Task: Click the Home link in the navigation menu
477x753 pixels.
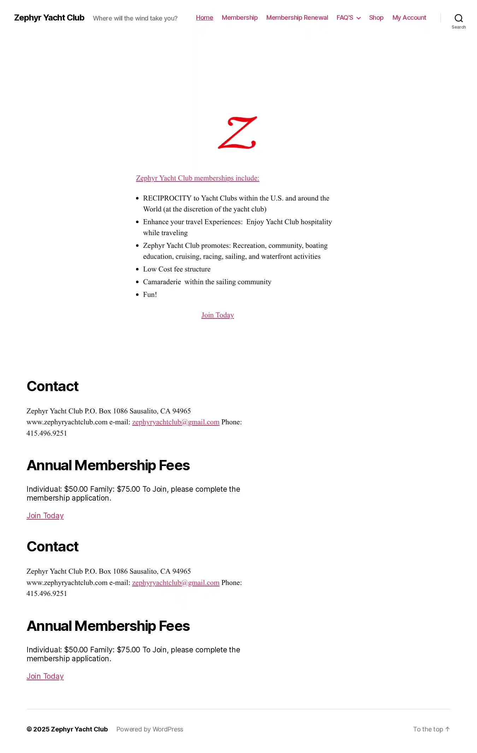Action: [x=204, y=18]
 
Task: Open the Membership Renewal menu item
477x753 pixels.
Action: [x=297, y=18]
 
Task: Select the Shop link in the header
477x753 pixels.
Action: [x=376, y=18]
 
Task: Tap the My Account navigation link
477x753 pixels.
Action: [x=409, y=18]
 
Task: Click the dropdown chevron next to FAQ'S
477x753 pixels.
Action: [x=358, y=18]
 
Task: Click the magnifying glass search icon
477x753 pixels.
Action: [x=458, y=18]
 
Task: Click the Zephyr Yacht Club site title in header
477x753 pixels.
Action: [x=49, y=18]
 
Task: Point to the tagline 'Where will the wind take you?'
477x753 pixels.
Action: [x=135, y=18]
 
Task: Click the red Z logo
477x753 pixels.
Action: [x=237, y=132]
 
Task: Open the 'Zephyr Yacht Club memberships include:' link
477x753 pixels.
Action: [x=198, y=178]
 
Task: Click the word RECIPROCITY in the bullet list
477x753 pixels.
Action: [x=167, y=198]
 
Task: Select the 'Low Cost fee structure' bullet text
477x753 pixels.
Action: [x=177, y=269]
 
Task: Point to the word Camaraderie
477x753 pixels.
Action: [x=162, y=282]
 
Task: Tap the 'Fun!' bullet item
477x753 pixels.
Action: [x=150, y=295]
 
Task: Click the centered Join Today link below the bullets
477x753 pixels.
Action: [x=218, y=315]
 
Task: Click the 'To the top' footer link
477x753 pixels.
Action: [x=431, y=729]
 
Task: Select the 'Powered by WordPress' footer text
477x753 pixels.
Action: [x=150, y=729]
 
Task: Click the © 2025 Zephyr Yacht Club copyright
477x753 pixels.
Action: [x=67, y=729]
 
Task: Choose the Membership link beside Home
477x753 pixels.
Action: [x=240, y=18]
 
